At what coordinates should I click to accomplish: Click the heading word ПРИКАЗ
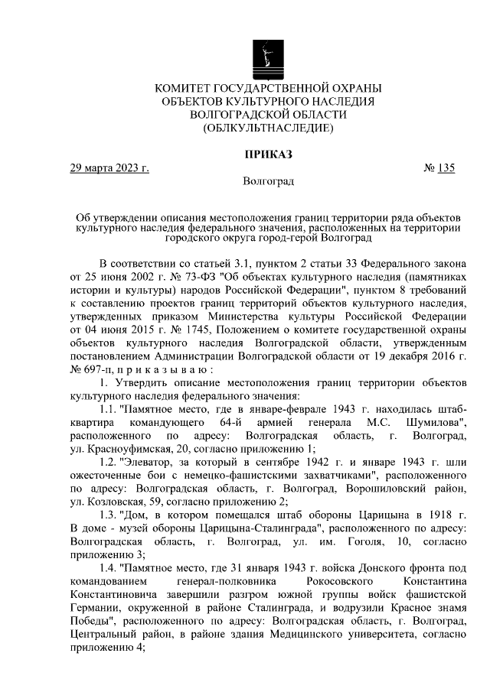pos(268,154)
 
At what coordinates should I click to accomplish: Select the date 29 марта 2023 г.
pos(109,169)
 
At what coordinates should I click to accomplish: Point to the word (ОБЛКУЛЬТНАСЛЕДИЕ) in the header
pos(268,128)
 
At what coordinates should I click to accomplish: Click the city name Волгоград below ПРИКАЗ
pos(268,183)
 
